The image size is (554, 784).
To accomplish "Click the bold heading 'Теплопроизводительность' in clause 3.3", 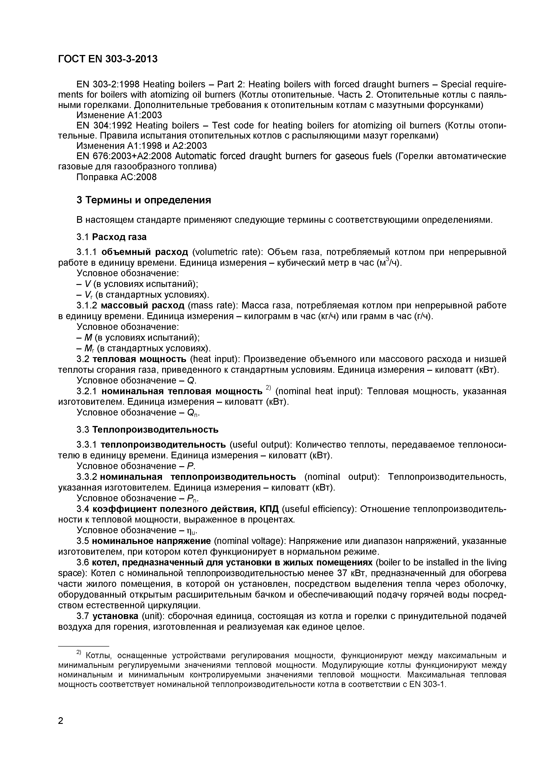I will coord(155,429).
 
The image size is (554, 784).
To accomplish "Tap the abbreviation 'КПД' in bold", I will coord(269,509).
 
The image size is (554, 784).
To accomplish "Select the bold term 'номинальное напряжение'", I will coord(151,541).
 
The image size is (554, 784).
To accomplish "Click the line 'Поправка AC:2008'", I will coord(116,177).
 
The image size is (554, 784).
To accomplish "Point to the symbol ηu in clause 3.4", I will coord(192,531).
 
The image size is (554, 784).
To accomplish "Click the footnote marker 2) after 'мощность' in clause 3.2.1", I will coord(268,388).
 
